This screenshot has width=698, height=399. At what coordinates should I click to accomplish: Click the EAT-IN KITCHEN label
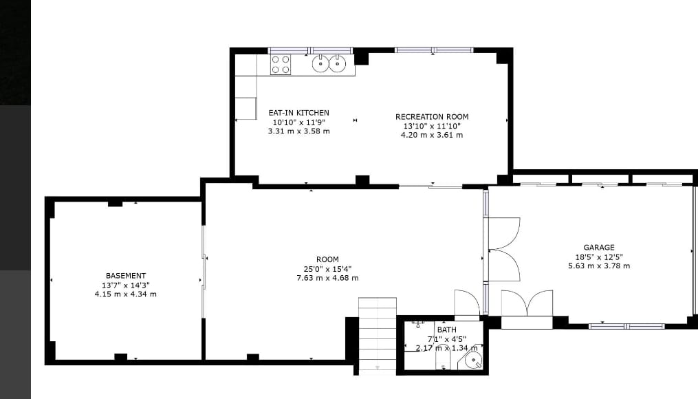(x=298, y=113)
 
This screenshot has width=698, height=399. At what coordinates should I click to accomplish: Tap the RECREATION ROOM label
(x=432, y=117)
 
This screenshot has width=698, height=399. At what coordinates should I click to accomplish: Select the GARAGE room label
(x=599, y=248)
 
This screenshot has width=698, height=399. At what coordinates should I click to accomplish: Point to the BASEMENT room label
(x=126, y=276)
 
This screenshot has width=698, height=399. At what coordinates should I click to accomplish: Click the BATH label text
(x=446, y=330)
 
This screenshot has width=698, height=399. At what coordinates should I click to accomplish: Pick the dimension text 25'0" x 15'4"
(x=327, y=269)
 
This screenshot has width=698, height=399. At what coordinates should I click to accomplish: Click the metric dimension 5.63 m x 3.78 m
(x=599, y=266)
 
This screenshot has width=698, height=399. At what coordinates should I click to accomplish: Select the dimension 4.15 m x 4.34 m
(x=126, y=294)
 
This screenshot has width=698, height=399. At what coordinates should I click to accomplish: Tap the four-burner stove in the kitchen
(x=281, y=65)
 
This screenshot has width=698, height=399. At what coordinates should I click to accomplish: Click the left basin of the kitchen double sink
(x=320, y=64)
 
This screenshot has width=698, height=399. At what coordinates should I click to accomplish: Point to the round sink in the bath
(x=473, y=360)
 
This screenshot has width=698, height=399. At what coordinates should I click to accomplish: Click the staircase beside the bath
(x=378, y=334)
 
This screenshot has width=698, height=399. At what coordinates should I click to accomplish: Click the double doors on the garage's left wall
(x=504, y=249)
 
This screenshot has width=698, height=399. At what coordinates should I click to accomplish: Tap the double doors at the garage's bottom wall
(x=527, y=303)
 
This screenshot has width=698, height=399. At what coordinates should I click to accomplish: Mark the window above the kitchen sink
(x=310, y=50)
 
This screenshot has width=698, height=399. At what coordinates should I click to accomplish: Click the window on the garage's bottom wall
(x=626, y=326)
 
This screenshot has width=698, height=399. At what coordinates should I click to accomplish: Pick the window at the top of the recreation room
(x=434, y=50)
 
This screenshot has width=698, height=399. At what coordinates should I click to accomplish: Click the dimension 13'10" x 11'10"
(x=432, y=126)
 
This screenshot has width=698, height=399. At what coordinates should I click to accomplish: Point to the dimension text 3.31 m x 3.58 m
(x=298, y=131)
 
